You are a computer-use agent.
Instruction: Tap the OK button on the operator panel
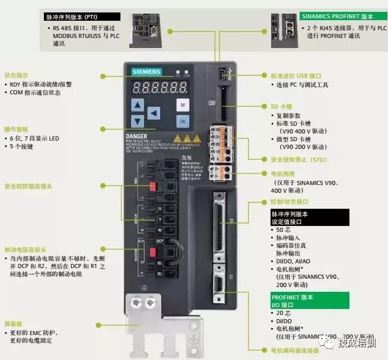pyautogui.click(x=183, y=121)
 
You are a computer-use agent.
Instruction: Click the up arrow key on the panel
pyautogui.click(x=138, y=105)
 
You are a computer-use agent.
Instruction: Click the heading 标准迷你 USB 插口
pyautogui.click(x=295, y=76)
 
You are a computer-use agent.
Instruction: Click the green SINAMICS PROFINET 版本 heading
pyautogui.click(x=336, y=17)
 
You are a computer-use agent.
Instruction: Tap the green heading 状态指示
pyautogui.click(x=16, y=76)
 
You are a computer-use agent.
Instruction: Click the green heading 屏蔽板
pyautogui.click(x=13, y=324)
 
